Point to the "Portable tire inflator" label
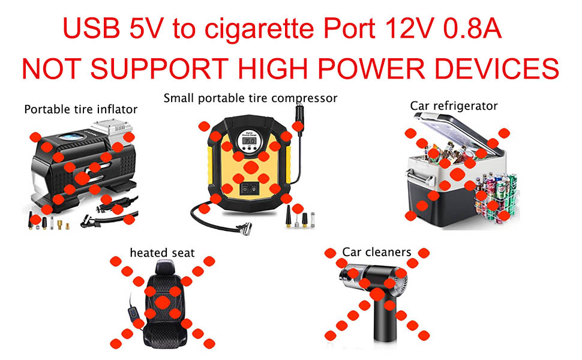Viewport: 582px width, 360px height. click(x=80, y=109)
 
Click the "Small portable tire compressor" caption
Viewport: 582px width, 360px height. click(x=250, y=97)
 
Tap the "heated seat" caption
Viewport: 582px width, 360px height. click(x=162, y=253)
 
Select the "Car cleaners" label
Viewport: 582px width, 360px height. click(x=376, y=251)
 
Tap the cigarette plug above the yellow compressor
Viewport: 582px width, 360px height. click(x=297, y=117)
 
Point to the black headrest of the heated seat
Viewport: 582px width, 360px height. click(x=161, y=271)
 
